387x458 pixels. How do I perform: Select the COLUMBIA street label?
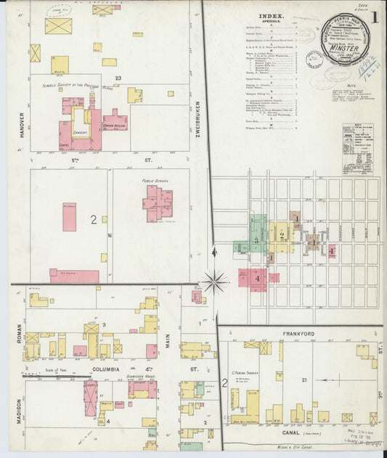coord(86,368)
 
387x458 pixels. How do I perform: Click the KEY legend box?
coord(357,148)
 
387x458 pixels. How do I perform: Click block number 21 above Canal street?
coord(306,380)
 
